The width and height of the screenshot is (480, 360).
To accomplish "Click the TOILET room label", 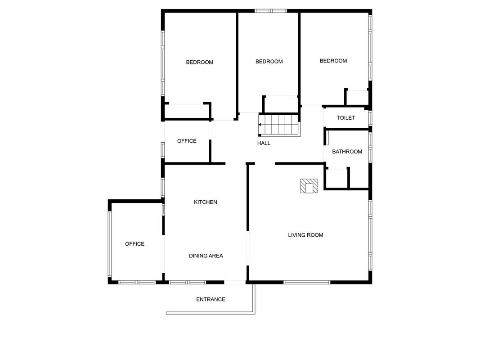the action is pos(345,118).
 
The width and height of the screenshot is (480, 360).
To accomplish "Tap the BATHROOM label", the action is pos(347,152).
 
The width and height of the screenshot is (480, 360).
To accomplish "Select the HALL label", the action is pos(264,143).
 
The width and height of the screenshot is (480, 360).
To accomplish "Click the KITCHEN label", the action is pos(206,202).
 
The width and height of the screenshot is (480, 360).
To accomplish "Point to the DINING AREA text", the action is pos(206,256).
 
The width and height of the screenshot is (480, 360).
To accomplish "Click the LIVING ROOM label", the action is pos(305,235).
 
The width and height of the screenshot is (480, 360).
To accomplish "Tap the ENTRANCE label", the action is pos(211,299).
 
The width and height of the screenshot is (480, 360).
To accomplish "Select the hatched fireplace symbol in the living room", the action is pos(309,186).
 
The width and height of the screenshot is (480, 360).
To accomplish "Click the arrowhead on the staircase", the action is pos(260,125).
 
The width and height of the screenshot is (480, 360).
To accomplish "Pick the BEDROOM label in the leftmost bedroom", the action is pos(200,63).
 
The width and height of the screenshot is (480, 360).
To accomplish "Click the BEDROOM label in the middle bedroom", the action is pos(269,62).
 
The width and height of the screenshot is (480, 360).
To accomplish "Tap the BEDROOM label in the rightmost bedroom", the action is pos(333,61).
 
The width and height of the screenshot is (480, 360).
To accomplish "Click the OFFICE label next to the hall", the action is pos(187,141).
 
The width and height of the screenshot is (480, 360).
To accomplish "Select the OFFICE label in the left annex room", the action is pos(135,244).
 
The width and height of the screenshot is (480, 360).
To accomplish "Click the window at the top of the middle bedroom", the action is pos(271,11).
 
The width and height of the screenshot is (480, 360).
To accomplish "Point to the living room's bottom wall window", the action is pos(307,282).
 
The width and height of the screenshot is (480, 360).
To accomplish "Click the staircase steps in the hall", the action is pos(279,124).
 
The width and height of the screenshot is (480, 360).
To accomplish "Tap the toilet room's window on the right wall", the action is pos(370,118).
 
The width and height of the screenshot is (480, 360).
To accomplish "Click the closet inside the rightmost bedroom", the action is pos(357,97).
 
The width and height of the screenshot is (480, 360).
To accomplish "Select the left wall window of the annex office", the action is pos(110,244).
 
